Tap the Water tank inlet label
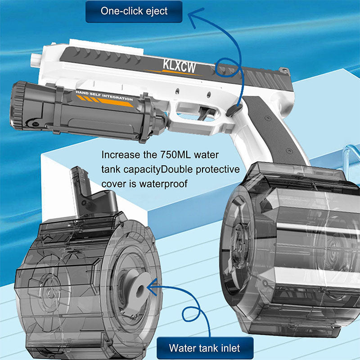click(205, 348)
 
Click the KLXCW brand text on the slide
click(179, 66)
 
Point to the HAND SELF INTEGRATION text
click(104, 95)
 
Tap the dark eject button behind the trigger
click(234, 110)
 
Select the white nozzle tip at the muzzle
click(36, 59)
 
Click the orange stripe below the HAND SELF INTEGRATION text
click(105, 102)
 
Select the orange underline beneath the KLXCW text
click(175, 72)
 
